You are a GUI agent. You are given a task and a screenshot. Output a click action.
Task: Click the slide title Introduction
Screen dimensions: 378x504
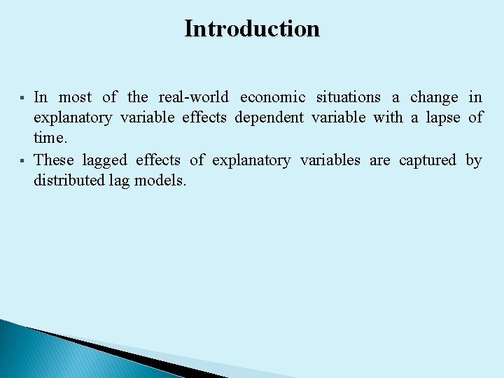[x=252, y=29]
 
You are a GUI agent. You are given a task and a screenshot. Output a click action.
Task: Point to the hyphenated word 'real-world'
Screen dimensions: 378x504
[x=193, y=97]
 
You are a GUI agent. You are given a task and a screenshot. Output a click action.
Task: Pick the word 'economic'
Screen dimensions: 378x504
[x=272, y=97]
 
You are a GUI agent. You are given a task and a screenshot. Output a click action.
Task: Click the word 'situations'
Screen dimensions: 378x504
[x=349, y=97]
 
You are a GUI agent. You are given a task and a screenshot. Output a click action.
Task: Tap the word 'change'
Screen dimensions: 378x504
[x=434, y=97]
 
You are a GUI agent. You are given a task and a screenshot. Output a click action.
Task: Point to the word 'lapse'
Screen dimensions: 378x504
[x=443, y=118]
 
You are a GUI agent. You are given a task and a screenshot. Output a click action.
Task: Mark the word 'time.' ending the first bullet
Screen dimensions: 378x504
[x=50, y=139]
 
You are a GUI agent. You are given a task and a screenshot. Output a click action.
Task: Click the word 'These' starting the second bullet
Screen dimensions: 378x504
[x=54, y=160]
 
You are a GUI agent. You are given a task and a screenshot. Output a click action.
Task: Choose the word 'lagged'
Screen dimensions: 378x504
[x=105, y=161]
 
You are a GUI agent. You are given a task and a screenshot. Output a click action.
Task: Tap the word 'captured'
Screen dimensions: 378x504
[x=427, y=161]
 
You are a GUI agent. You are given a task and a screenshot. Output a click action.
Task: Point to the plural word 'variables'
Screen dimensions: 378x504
[x=330, y=160]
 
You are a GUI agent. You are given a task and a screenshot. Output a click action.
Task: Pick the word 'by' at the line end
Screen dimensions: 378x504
[x=474, y=161]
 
